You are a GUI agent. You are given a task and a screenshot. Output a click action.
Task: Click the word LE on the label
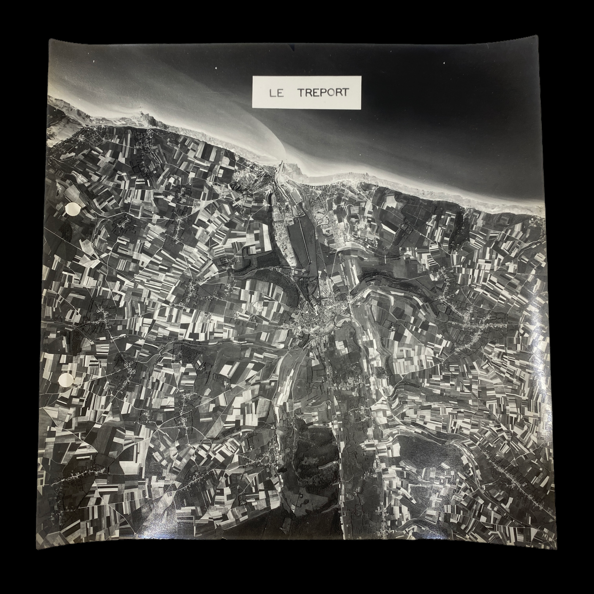tap(276, 93)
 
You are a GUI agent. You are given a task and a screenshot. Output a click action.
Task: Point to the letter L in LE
tap(272, 93)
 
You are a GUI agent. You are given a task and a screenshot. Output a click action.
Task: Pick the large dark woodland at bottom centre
tap(314, 461)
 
